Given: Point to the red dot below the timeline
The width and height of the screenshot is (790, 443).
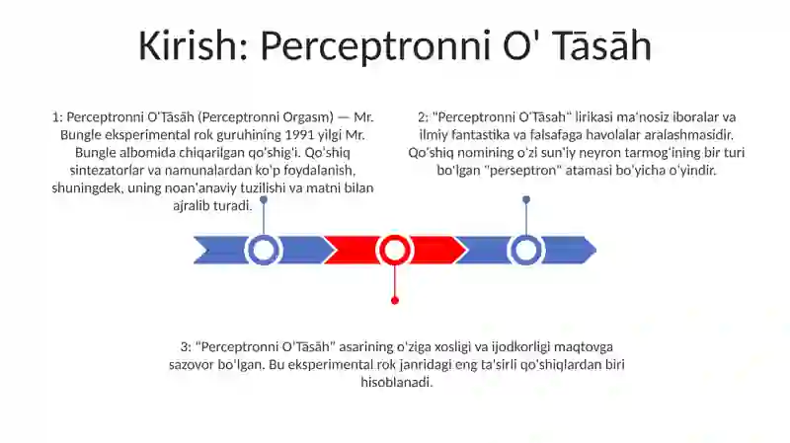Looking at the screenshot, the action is (x=395, y=301).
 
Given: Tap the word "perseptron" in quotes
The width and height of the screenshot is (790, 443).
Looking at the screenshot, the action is (x=523, y=170).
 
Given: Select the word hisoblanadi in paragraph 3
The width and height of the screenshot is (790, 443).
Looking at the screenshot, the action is (x=397, y=382).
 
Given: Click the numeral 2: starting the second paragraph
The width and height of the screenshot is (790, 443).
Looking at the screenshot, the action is (x=424, y=117).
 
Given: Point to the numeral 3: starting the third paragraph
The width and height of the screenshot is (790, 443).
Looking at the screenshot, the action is (x=186, y=347).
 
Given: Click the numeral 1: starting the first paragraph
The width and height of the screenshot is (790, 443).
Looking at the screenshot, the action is (x=57, y=117).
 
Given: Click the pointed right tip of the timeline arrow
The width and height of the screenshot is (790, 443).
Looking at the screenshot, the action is (x=596, y=250).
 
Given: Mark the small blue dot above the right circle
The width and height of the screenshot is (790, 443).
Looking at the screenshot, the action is (x=526, y=200).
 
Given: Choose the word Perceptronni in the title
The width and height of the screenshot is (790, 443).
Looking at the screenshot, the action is (x=375, y=45).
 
